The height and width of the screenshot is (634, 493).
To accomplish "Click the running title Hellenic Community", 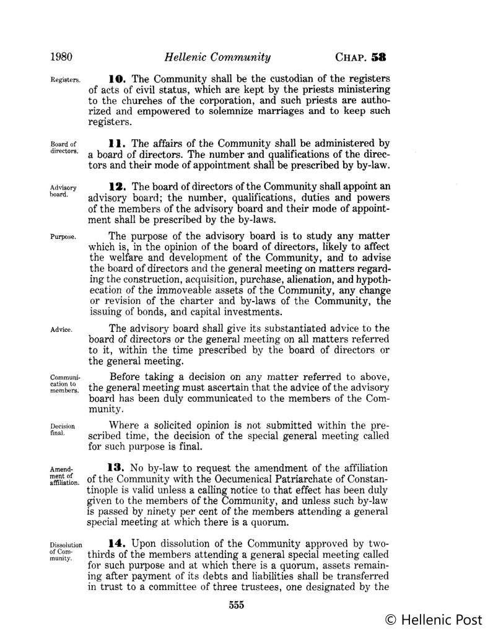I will coord(217,58).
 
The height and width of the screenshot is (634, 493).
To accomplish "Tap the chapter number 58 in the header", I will coord(378,58).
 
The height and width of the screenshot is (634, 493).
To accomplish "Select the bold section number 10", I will coord(117,79).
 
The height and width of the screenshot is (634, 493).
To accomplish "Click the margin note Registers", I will coord(65,80).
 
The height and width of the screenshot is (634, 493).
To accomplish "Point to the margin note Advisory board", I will coord(63,189).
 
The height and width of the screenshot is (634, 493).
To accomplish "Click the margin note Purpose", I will coord(63,237).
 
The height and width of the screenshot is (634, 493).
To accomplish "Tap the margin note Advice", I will coord(61,329).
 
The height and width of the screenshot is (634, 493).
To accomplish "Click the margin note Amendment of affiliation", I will coord(64,477).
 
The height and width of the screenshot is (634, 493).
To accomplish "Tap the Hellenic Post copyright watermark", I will coord(435,620).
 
